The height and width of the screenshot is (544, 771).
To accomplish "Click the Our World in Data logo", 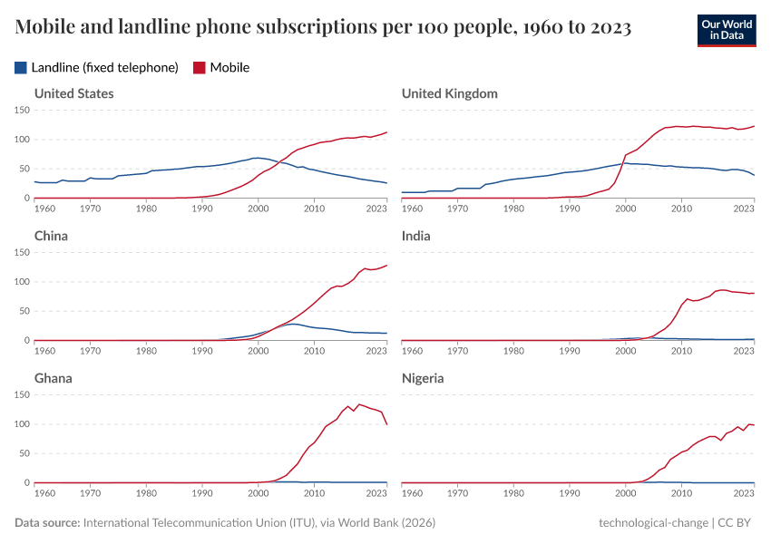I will [x=726, y=30].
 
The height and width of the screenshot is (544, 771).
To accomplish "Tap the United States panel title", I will [x=73, y=93].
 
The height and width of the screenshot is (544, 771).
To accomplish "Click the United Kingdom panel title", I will [x=449, y=93].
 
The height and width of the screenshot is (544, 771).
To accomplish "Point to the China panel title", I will [x=51, y=236].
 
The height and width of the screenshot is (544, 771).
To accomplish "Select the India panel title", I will [x=415, y=236].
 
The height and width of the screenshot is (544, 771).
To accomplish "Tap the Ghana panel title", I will [x=53, y=378].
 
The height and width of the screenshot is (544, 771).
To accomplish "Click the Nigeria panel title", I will [x=423, y=378].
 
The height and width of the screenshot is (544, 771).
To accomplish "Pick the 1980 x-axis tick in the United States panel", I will [x=146, y=209].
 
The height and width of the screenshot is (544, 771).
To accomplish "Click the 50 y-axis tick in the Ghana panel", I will [x=24, y=453].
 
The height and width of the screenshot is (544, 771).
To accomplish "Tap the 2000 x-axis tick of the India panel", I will [x=625, y=351].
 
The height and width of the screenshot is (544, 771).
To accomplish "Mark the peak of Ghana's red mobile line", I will [x=359, y=404].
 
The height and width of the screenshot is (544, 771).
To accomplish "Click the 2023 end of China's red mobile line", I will [x=386, y=266].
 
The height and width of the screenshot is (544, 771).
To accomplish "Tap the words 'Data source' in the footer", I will [x=46, y=523].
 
